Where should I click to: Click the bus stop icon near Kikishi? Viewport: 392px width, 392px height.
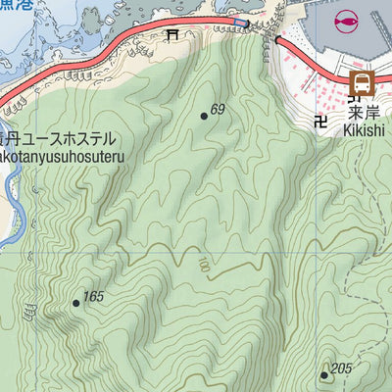point(362,83)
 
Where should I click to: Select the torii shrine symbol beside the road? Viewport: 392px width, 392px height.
point(172,36)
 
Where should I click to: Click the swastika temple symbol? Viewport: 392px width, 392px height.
point(320,122)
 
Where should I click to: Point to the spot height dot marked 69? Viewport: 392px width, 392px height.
point(204,116)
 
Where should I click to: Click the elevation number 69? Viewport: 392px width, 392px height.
point(218,110)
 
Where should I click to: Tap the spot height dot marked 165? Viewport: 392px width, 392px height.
point(75,303)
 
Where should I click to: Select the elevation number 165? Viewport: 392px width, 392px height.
point(93,297)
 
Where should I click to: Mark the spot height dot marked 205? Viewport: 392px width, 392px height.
point(325,374)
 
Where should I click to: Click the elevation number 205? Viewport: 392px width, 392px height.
point(341,368)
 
